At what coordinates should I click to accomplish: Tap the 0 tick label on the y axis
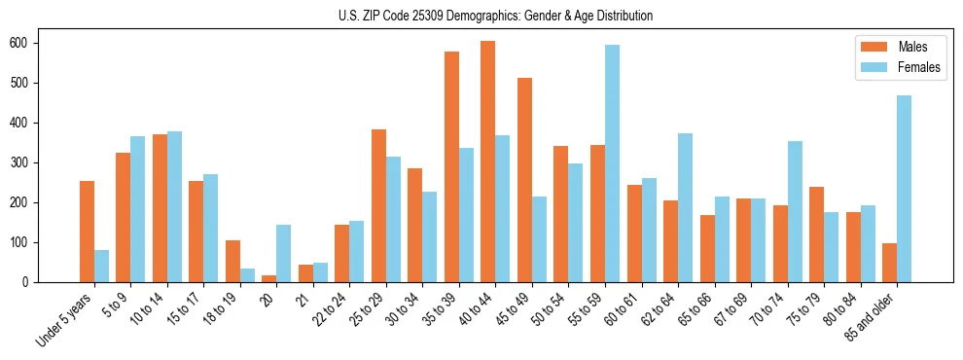pyautogui.click(x=31, y=282)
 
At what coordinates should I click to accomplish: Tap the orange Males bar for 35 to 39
pyautogui.click(x=451, y=166)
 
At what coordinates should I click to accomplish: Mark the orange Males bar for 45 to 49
pyautogui.click(x=524, y=180)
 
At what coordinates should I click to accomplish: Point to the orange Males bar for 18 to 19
pyautogui.click(x=232, y=261)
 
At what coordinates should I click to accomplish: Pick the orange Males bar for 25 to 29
pyautogui.click(x=378, y=205)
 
